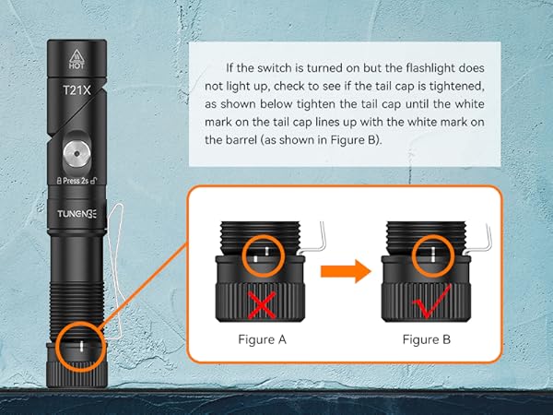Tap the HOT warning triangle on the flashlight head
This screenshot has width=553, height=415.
[x=77, y=53]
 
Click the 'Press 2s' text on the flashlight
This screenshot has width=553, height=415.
[x=77, y=181]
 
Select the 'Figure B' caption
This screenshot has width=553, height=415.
[x=426, y=339]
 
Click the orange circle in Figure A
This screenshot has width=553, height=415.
[x=261, y=254]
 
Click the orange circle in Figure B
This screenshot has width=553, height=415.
[x=428, y=254]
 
